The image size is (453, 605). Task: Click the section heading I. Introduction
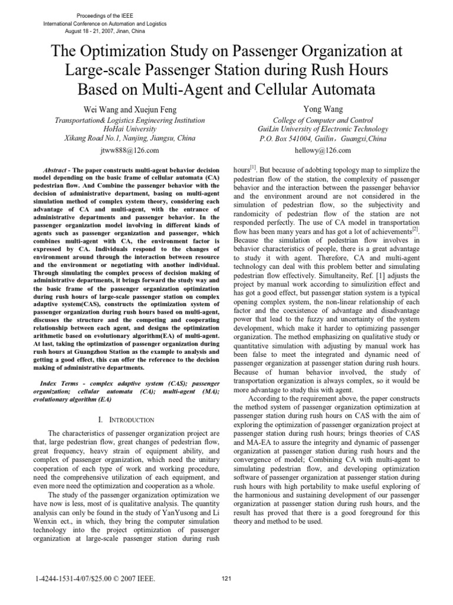point(126,419)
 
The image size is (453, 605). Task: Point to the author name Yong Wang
point(323,109)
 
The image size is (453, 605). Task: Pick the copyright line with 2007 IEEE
point(96,579)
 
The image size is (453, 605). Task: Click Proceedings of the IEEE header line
point(105,14)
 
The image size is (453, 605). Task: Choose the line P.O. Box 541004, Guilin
point(323,138)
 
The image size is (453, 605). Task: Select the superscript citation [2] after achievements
point(415,227)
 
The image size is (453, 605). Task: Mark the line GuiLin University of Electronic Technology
point(323,129)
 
